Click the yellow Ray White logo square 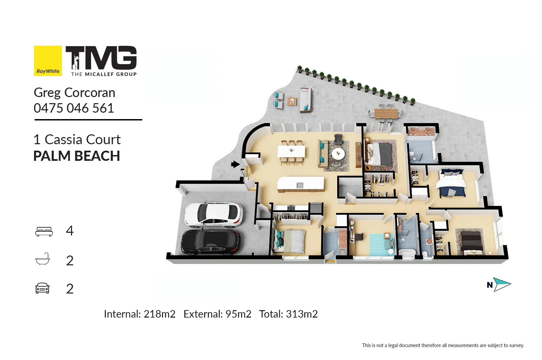click(x=48, y=61)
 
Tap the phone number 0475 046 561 click(x=74, y=108)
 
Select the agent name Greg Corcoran click(x=74, y=93)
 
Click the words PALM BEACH click(x=77, y=156)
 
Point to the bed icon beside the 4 click(x=44, y=231)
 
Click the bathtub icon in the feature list click(x=43, y=259)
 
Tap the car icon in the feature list click(x=42, y=288)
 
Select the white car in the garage click(x=213, y=214)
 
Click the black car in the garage click(x=211, y=242)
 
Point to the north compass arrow click(x=502, y=285)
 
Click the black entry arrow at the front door click(x=235, y=165)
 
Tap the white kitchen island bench click(x=301, y=184)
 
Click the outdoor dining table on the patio click(x=386, y=113)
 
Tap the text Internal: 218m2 click(x=140, y=314)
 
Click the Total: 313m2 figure click(x=288, y=314)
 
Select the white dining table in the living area click(x=291, y=151)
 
